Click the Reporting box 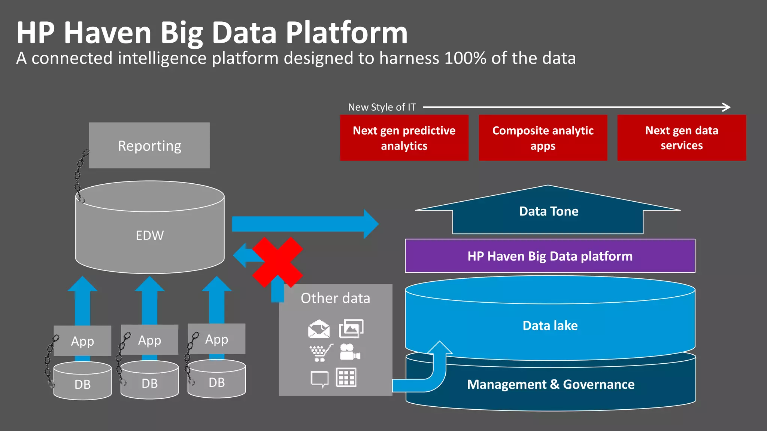click(x=149, y=146)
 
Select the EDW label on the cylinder click(x=149, y=235)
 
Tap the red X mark click(x=278, y=262)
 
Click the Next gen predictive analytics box click(x=404, y=138)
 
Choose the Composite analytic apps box click(x=543, y=138)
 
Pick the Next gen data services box click(x=682, y=138)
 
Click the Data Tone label click(x=549, y=211)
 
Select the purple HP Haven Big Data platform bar click(x=550, y=256)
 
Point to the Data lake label click(x=550, y=325)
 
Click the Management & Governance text click(x=551, y=384)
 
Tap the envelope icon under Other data click(x=319, y=329)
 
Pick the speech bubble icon click(x=319, y=379)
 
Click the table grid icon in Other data click(x=346, y=377)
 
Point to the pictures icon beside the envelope click(x=351, y=328)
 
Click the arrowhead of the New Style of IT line click(x=727, y=107)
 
